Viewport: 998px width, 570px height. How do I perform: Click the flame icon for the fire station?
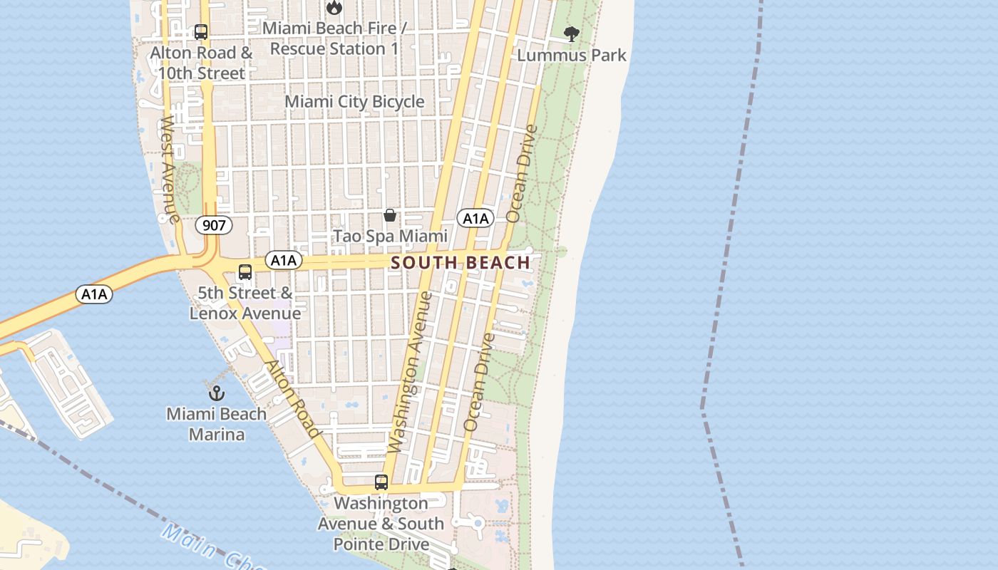(334, 8)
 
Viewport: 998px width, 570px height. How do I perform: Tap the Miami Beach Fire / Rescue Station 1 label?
(334, 38)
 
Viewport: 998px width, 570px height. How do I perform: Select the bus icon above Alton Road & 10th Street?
(201, 32)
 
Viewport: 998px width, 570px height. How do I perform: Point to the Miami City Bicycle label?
(354, 102)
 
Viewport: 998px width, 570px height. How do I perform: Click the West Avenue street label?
(169, 170)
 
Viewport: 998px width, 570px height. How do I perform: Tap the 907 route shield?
(213, 226)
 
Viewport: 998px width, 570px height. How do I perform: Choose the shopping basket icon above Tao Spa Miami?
(390, 214)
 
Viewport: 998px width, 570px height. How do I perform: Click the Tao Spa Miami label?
(391, 236)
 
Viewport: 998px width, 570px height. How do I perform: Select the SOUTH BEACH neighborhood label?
(461, 262)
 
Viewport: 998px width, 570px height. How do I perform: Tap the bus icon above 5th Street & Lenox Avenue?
(245, 272)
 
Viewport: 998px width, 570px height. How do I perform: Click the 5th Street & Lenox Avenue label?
(245, 303)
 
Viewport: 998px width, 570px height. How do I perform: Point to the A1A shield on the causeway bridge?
(95, 294)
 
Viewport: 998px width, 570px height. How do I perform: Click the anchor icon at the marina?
(217, 393)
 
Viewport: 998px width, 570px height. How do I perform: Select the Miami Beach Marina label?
(217, 424)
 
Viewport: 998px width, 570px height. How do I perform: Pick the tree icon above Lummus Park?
(571, 33)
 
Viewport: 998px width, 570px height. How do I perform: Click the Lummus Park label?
(572, 55)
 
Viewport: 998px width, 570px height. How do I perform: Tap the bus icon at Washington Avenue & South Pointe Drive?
(381, 482)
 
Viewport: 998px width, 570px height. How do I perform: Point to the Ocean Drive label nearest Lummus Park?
(521, 173)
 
